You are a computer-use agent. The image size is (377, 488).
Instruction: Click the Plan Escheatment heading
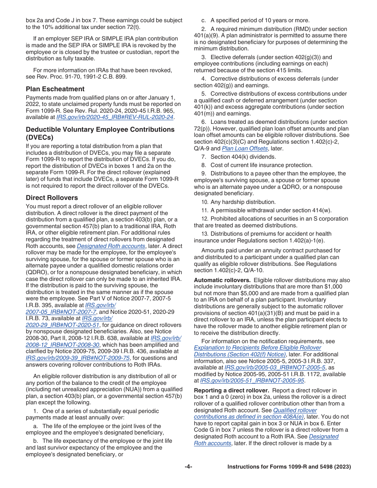click(x=55, y=89)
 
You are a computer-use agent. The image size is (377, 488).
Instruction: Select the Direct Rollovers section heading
click(x=52, y=198)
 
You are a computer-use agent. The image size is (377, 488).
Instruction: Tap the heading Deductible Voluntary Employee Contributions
click(x=100, y=129)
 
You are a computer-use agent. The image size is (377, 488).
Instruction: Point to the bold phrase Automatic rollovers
click(x=222, y=280)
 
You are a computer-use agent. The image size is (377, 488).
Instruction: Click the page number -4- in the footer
click(x=188, y=467)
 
